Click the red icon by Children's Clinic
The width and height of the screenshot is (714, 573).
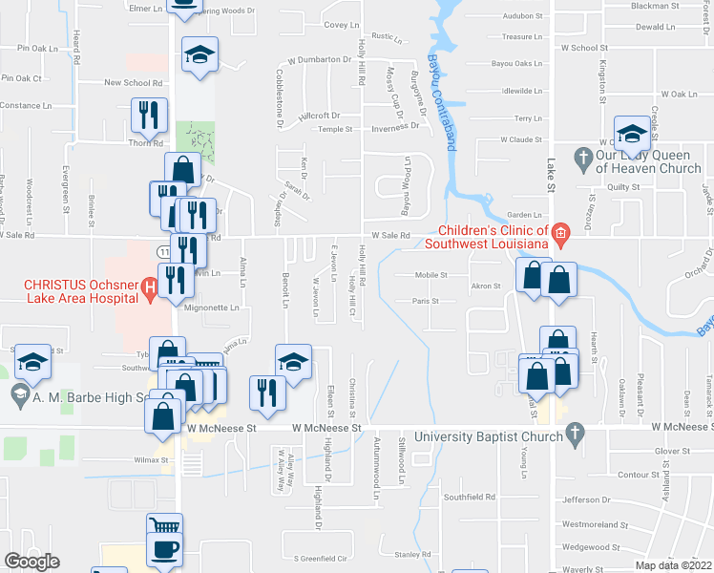[x=561, y=230]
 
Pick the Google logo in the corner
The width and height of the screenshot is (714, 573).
[x=31, y=562]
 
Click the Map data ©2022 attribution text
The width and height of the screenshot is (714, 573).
[x=674, y=565]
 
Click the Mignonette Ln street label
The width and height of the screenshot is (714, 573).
[x=211, y=308]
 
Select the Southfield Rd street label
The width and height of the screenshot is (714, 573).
[x=470, y=497]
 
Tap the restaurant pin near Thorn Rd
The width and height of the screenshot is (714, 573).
[x=147, y=116]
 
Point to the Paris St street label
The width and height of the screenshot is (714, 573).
[x=426, y=301]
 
